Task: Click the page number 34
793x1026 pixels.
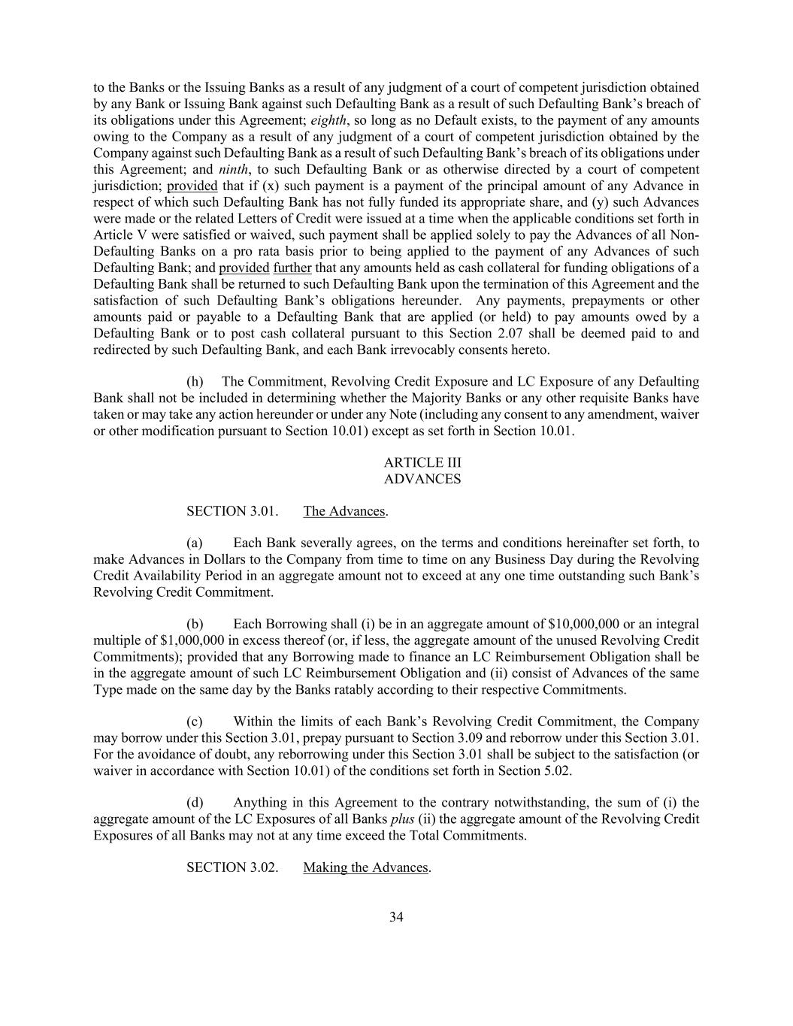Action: pyautogui.click(x=397, y=917)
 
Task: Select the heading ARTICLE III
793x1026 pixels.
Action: pyautogui.click(x=422, y=463)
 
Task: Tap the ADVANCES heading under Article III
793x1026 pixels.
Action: pyautogui.click(x=422, y=479)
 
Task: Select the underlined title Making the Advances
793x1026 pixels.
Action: pyautogui.click(x=366, y=867)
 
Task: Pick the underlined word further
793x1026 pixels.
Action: pyautogui.click(x=292, y=268)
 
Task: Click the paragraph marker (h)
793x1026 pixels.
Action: pyautogui.click(x=195, y=382)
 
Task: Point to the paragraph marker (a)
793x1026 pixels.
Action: pyautogui.click(x=195, y=543)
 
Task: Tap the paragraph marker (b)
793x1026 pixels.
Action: pyautogui.click(x=195, y=625)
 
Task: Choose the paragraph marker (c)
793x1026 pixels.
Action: pyautogui.click(x=195, y=722)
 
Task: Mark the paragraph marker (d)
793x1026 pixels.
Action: pyautogui.click(x=195, y=803)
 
